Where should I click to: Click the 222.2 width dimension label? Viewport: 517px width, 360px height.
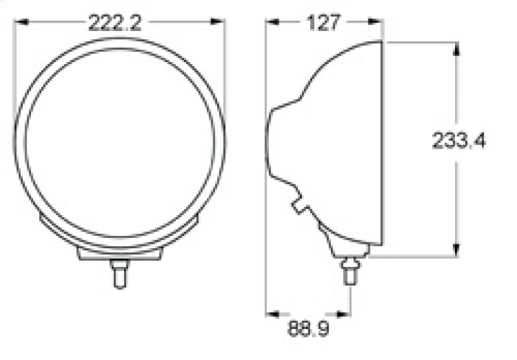click(115, 24)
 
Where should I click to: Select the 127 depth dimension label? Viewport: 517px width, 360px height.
click(323, 23)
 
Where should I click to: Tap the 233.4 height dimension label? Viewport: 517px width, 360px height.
click(459, 142)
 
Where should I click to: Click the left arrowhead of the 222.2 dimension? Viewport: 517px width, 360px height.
click(20, 23)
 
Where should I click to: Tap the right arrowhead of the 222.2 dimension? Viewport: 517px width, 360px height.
click(220, 23)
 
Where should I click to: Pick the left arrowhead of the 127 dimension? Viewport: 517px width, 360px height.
click(272, 23)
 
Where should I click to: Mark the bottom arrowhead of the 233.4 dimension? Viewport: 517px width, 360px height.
click(456, 250)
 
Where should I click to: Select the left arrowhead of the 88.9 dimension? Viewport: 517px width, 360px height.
click(272, 314)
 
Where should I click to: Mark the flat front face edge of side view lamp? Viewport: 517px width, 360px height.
click(383, 142)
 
